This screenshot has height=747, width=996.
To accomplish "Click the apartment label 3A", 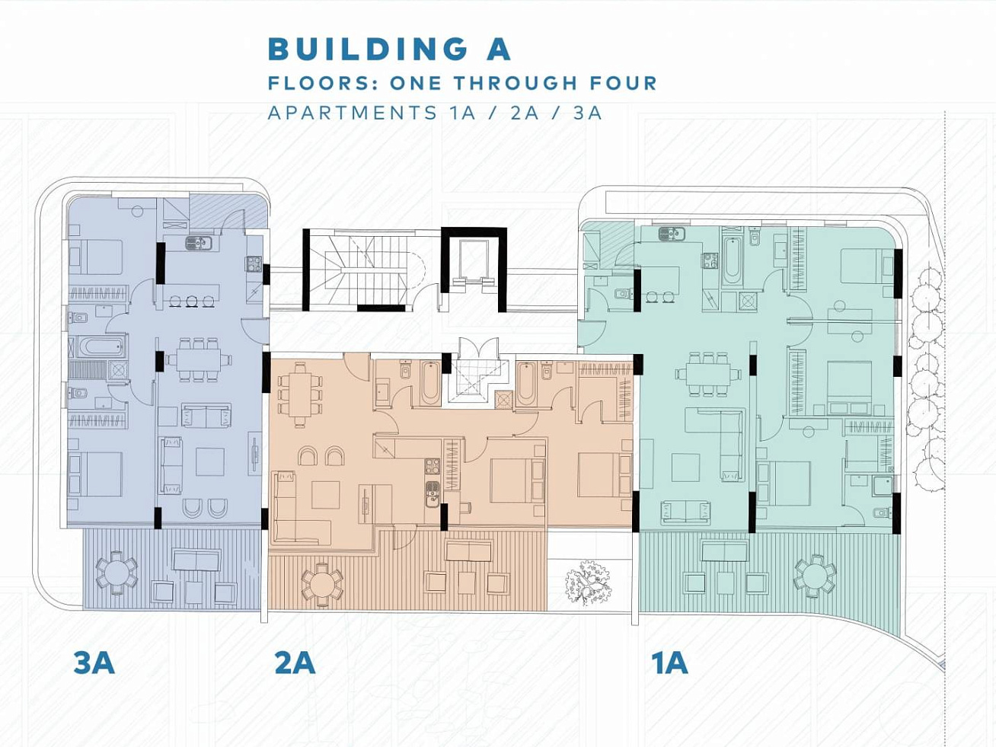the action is pos(94,663).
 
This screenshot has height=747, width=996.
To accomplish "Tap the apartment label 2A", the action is pos(295,663).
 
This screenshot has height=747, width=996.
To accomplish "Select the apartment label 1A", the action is pos(669,663).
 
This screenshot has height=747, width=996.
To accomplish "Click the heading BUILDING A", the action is pos(389,49).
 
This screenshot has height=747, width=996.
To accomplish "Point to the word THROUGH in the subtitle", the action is pos(516,83).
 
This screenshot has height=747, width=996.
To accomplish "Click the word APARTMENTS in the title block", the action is pos(353,113).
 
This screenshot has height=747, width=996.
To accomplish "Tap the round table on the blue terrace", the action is pos(117,573).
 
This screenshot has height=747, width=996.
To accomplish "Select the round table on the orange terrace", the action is pos(322,584).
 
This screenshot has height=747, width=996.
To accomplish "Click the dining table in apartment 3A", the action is pos(199,360).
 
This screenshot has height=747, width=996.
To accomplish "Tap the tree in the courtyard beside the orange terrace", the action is pos(588,583).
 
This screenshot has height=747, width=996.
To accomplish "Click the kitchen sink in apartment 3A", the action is pos(199,243).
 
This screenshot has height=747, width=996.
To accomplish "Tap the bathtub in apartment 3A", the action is pos(101,347).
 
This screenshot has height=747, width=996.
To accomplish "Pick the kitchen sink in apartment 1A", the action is pos(672,234).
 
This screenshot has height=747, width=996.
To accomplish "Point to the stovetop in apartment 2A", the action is pos(432,466).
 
